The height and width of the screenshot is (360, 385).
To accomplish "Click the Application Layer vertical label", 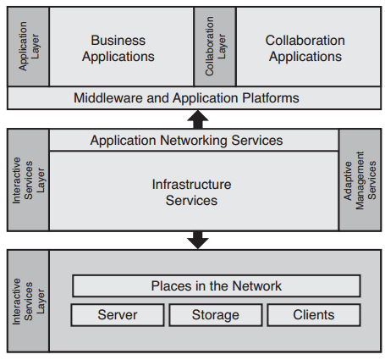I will tap(28, 46).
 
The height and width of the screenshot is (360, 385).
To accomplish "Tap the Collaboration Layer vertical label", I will tap(215, 46).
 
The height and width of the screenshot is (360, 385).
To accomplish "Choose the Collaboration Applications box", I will tap(305, 48).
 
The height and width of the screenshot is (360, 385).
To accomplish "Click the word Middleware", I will tap(107, 98).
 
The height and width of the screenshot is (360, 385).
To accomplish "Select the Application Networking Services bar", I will tap(186, 140).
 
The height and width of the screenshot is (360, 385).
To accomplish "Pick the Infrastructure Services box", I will tap(191, 191).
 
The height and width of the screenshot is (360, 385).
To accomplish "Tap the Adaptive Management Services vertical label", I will tap(360, 180).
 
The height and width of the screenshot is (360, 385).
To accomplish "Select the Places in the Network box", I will tap(216, 285).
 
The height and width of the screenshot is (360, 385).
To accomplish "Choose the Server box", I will tap(117, 315).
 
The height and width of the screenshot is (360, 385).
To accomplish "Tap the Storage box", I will tap(216, 315).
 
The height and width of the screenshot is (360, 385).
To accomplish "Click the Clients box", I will tap(314, 315).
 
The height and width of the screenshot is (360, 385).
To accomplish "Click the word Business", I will tap(118, 41).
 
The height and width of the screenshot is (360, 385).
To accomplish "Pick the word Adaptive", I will tap(349, 180).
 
